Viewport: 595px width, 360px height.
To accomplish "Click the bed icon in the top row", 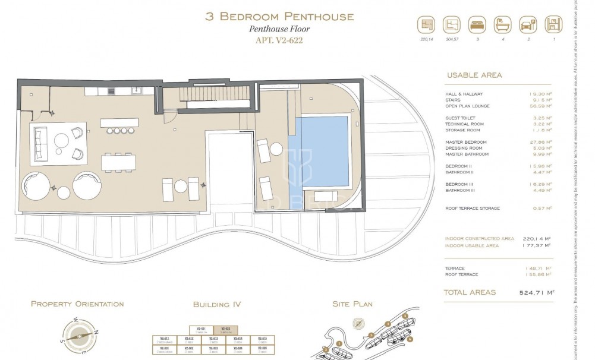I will click(x=477, y=25).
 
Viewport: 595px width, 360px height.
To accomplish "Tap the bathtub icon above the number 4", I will click(x=502, y=25).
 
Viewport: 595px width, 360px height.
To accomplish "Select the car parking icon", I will click(x=527, y=25).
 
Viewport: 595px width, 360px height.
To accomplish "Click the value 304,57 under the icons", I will click(x=452, y=40).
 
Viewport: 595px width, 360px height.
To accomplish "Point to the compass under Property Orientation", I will click(x=78, y=334).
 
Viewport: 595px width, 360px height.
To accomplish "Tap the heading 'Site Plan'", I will click(x=352, y=304).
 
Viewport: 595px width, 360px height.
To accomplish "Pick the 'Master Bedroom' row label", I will click(x=466, y=142).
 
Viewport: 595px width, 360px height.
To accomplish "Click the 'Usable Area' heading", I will click(x=474, y=75).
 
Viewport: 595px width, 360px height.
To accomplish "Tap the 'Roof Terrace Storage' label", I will click(x=473, y=209).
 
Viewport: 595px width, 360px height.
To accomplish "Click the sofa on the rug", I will click(x=40, y=143).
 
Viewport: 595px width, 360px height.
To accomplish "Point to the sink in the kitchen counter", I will click(x=136, y=91).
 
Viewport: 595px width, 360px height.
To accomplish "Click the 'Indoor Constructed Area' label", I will click(x=479, y=238).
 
